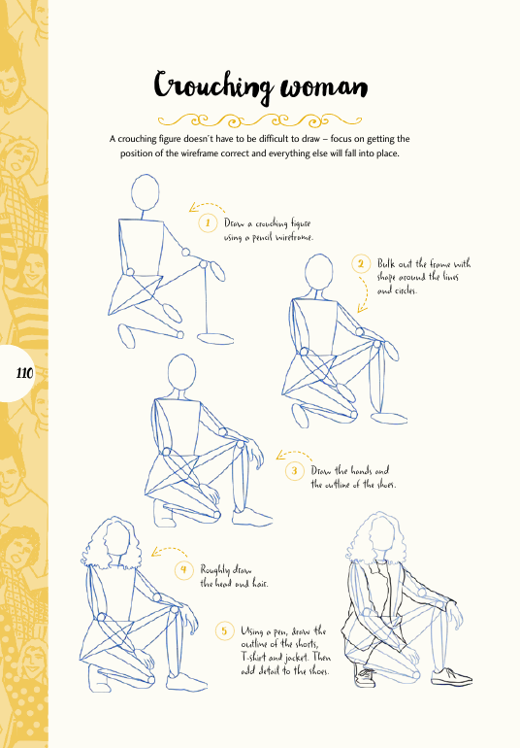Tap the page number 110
click(x=24, y=373)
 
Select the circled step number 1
click(x=208, y=222)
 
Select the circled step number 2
click(x=361, y=264)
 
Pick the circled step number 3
click(x=295, y=471)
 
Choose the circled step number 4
click(x=183, y=569)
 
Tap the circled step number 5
click(x=224, y=631)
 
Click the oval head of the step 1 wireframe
click(x=145, y=192)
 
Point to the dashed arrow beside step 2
click(x=366, y=293)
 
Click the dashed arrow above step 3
click(x=294, y=453)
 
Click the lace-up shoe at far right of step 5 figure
click(x=451, y=676)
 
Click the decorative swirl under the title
click(x=260, y=120)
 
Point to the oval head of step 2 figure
click(x=319, y=271)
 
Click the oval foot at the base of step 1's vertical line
click(x=215, y=338)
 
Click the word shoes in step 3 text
click(x=385, y=484)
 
